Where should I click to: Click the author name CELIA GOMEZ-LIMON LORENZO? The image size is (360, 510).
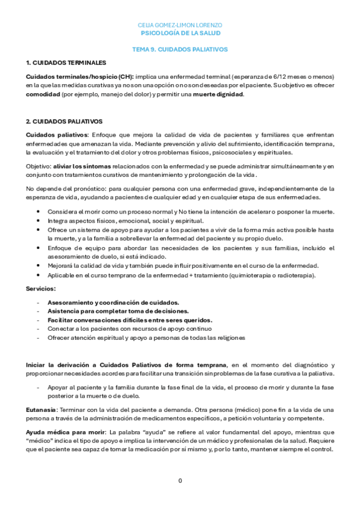point(180,25)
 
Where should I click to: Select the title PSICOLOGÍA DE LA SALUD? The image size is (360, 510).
point(180,33)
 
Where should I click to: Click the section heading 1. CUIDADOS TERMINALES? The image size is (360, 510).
point(66,63)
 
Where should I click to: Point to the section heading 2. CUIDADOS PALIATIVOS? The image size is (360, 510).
point(64,121)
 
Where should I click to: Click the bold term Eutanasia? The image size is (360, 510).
point(40,409)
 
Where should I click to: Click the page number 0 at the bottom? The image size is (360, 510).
point(180,481)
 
